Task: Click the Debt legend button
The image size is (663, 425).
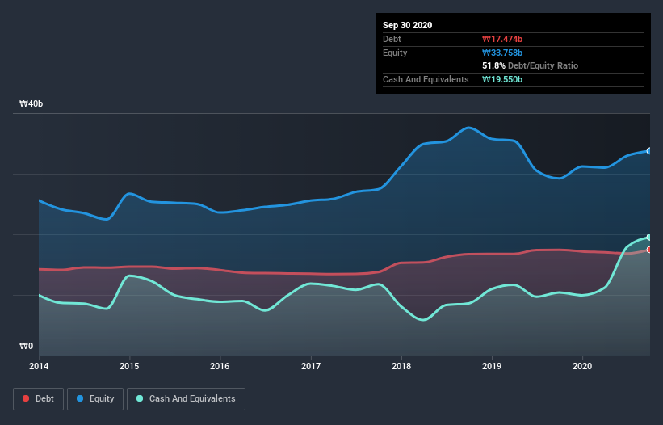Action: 37,398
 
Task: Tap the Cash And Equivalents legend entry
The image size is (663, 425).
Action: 186,398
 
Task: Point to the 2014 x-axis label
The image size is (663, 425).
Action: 39,366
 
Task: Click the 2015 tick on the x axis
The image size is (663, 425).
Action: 128,366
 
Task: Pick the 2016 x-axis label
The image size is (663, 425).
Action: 219,366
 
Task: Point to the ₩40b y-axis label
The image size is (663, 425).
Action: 31,104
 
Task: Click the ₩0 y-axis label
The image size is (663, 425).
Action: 27,347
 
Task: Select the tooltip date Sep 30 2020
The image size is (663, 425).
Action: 407,25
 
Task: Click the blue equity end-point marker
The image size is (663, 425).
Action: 648,151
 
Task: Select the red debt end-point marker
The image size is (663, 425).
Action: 648,250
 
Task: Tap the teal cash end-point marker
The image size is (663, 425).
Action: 648,237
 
